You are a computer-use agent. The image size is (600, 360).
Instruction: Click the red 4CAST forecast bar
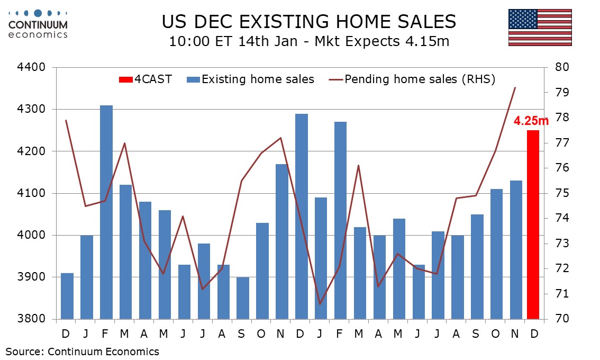pos(533,224)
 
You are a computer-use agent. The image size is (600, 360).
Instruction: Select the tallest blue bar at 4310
pos(106,212)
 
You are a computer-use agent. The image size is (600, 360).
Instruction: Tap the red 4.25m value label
pos(531,121)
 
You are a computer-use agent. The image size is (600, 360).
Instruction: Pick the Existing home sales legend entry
pos(251,80)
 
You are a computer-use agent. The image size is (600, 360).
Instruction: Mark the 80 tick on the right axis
pos(561,68)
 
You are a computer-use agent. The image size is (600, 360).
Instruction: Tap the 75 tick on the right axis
pos(561,193)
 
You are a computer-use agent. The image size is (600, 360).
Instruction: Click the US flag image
pos(540,28)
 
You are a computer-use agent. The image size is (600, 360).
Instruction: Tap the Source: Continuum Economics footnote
pos(83,351)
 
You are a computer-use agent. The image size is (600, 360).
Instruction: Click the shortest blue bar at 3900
pos(243,298)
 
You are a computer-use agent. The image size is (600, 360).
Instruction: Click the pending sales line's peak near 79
pos(515,88)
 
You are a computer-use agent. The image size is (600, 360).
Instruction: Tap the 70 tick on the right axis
pos(561,319)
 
